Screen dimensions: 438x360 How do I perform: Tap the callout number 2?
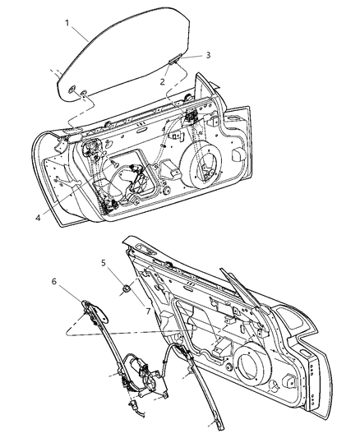pyautogui.click(x=164, y=82)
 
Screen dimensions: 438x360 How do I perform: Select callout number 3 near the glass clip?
pyautogui.click(x=186, y=55)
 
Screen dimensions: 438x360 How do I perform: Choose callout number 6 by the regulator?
pyautogui.click(x=54, y=281)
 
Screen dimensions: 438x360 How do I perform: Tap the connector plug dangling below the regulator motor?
pyautogui.click(x=132, y=403)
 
